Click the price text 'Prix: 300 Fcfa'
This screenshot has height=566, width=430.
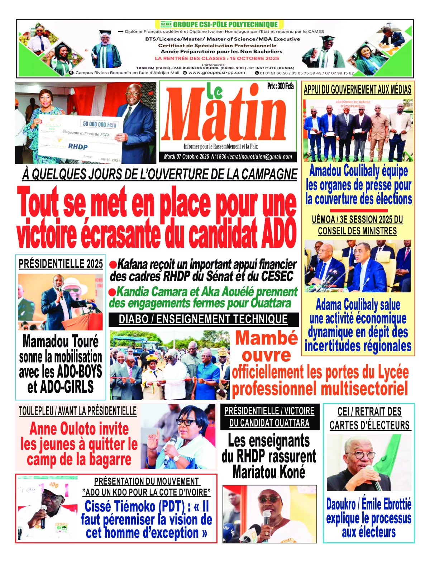pyautogui.click(x=280, y=86)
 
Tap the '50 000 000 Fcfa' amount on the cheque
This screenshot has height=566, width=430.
pyautogui.click(x=100, y=124)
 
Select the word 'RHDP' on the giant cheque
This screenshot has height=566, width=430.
pyautogui.click(x=78, y=146)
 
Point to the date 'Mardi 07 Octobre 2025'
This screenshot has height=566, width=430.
pyautogui.click(x=186, y=157)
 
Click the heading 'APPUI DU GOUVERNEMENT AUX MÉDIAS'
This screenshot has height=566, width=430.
pyautogui.click(x=357, y=90)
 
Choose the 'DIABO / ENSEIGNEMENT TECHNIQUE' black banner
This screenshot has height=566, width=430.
pyautogui.click(x=203, y=319)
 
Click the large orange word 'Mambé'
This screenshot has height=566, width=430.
pyautogui.click(x=266, y=338)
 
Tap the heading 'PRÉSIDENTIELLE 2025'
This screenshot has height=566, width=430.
pyautogui.click(x=61, y=264)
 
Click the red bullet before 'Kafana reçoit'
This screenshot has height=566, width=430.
pyautogui.click(x=113, y=265)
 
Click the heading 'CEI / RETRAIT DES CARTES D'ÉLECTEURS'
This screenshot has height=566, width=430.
pyautogui.click(x=369, y=418)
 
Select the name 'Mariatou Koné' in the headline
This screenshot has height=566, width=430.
pyautogui.click(x=269, y=472)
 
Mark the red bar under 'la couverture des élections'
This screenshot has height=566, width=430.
pyautogui.click(x=358, y=210)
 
